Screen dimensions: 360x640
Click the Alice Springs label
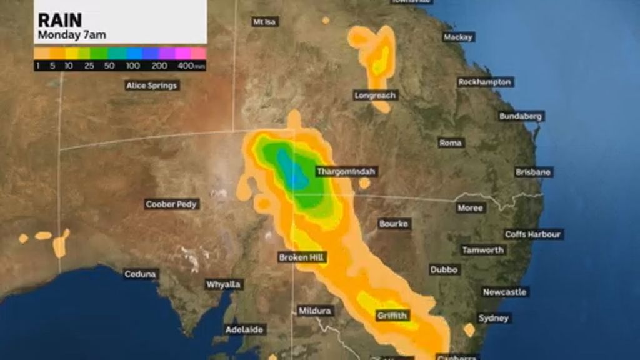(x=152, y=85)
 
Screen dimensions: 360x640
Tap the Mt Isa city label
(x=265, y=22)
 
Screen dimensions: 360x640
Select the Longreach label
(x=376, y=96)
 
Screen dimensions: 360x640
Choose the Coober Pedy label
(x=171, y=204)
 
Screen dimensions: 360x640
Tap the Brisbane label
(x=533, y=172)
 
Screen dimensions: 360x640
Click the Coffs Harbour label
(x=533, y=234)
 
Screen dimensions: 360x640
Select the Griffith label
(x=392, y=316)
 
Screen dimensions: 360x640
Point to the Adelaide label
(x=244, y=329)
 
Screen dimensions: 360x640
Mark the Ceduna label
(x=141, y=274)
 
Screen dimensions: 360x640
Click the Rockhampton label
(x=485, y=82)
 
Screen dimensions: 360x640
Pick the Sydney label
(x=494, y=318)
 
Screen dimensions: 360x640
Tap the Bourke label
(x=394, y=223)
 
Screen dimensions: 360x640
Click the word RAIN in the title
(x=60, y=20)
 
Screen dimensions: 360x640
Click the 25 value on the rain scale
(x=89, y=66)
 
